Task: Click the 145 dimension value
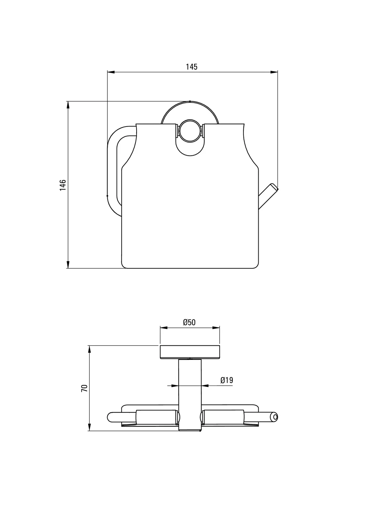point(191,67)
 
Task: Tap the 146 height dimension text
point(63,185)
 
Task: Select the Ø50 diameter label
point(189,322)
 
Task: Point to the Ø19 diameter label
point(227,380)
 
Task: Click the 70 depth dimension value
point(84,388)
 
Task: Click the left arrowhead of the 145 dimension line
point(111,72)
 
